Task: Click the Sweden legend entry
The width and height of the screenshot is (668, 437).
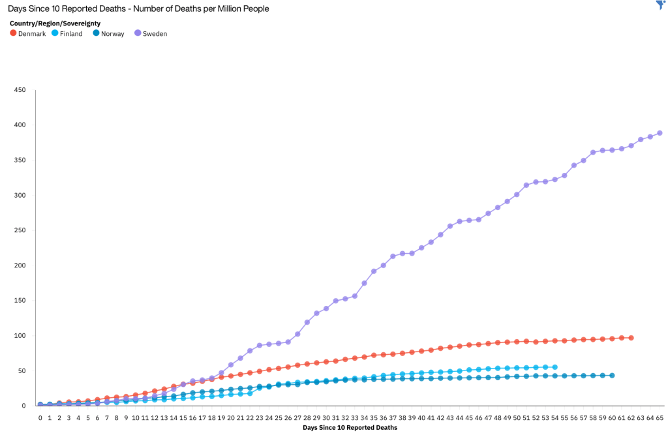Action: click(x=151, y=33)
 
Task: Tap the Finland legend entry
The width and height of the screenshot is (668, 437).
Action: click(x=67, y=33)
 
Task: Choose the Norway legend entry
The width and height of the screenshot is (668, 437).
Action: click(x=108, y=33)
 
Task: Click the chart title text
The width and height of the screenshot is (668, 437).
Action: click(x=138, y=9)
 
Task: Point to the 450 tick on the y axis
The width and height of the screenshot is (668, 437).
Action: click(x=20, y=90)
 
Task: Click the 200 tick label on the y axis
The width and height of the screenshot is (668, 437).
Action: click(x=20, y=265)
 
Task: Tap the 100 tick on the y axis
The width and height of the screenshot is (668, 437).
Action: click(x=20, y=336)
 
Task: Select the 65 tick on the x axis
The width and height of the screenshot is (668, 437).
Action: click(x=660, y=417)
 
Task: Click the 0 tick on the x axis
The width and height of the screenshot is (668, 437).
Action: click(x=40, y=417)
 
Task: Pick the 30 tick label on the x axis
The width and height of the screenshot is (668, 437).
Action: click(x=326, y=417)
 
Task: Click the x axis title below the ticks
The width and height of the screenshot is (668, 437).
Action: click(x=350, y=428)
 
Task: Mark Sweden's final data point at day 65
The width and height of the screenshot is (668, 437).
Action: click(x=660, y=133)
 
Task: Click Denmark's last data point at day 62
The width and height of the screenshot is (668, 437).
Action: click(x=631, y=338)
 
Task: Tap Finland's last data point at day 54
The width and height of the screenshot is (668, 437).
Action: click(x=554, y=367)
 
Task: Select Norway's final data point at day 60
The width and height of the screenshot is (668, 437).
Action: click(x=612, y=376)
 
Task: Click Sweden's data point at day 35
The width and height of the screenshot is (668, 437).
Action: click(x=374, y=271)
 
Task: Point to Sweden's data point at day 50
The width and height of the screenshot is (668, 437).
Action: click(x=517, y=194)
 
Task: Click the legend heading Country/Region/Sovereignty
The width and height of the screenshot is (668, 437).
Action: click(x=55, y=23)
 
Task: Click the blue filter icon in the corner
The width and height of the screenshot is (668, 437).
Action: click(x=660, y=5)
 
